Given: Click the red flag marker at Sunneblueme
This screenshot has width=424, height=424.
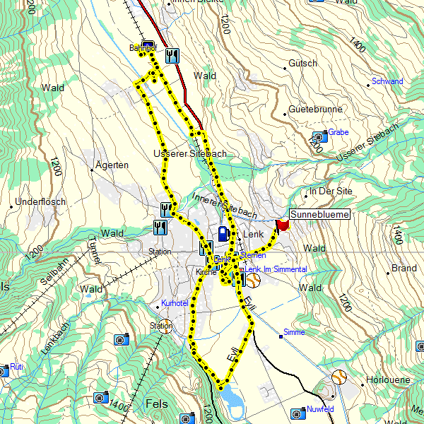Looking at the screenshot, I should (x=283, y=225).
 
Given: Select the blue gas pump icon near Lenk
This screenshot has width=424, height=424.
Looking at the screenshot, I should (x=223, y=232).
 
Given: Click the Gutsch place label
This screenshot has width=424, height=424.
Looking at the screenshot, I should (x=303, y=64).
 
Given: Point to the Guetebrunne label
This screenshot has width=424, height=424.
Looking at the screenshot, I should (x=315, y=110).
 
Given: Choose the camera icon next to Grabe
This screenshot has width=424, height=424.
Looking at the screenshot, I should (x=319, y=136).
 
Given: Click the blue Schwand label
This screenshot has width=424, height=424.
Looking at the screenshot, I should (x=387, y=81).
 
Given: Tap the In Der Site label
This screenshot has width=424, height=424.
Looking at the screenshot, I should (x=331, y=192).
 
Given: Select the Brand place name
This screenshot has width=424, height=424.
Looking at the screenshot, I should (x=404, y=269).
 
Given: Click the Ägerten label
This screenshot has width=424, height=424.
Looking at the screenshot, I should (x=112, y=165).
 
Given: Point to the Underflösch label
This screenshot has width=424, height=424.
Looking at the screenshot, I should (x=40, y=202).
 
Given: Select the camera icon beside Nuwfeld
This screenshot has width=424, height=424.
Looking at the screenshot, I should (x=296, y=411).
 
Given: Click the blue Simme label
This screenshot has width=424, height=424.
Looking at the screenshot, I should (x=293, y=332).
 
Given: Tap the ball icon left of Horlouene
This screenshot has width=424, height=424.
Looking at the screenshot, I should (x=339, y=377).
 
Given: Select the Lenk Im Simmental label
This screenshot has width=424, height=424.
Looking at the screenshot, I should (x=276, y=270).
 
